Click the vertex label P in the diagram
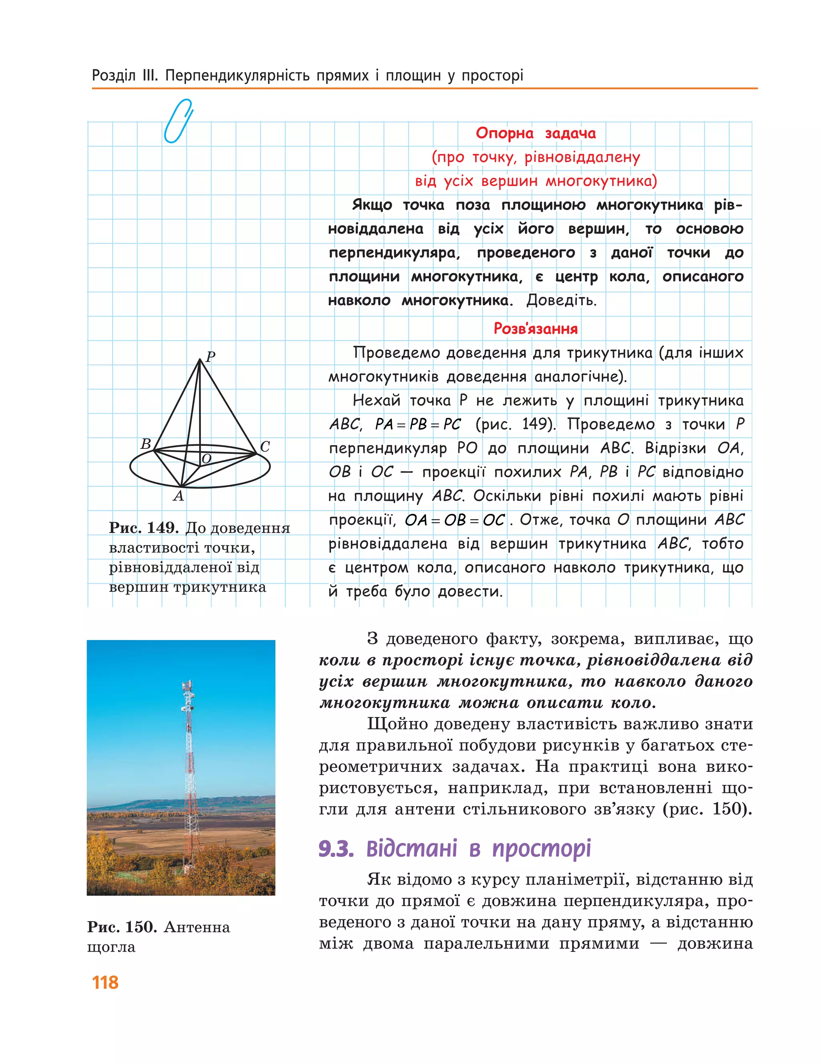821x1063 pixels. coord(210,357)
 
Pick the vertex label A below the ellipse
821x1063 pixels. coord(179,496)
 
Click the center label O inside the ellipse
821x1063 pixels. coord(206,458)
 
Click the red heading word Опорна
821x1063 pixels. coord(504,134)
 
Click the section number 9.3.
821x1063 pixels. coord(336,848)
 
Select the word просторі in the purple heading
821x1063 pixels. coord(541,848)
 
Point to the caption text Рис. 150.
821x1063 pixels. coord(121,926)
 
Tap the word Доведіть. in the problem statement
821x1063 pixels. coord(561,300)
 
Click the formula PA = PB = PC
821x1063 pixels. coord(418,424)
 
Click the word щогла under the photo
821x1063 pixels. coord(111,947)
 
